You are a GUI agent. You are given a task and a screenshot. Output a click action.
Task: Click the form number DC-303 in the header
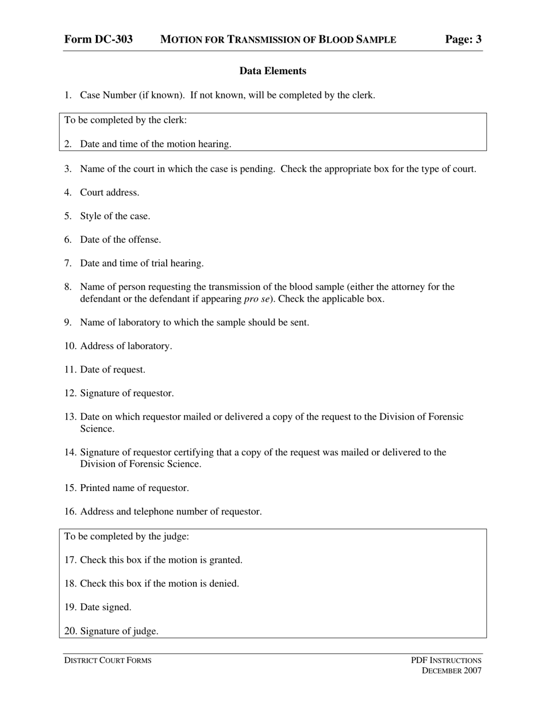[x=98, y=39]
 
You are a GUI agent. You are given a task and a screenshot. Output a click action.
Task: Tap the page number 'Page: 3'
[x=463, y=39]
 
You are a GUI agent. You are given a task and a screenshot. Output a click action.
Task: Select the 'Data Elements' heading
[x=272, y=71]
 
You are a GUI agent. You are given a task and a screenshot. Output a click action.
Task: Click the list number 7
[x=68, y=263]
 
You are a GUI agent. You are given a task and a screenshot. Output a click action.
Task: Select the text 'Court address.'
[x=109, y=192]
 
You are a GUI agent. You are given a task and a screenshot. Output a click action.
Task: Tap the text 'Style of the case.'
[x=115, y=216]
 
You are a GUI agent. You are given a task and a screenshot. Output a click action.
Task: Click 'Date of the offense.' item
[x=120, y=239]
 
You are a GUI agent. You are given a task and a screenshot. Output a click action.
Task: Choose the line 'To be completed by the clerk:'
[x=125, y=120]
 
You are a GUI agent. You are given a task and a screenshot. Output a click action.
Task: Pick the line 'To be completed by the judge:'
[x=126, y=536]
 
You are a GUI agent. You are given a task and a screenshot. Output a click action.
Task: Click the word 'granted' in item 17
[x=225, y=560]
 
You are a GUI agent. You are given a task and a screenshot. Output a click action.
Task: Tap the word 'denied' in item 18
[x=224, y=584]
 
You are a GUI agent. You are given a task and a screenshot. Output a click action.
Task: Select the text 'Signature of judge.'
[x=119, y=631]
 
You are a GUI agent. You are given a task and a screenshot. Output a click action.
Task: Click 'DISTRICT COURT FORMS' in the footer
[x=107, y=660]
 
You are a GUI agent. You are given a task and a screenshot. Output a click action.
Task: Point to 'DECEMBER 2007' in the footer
[x=452, y=671]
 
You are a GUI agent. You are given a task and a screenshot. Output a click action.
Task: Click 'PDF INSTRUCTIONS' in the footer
[x=446, y=660]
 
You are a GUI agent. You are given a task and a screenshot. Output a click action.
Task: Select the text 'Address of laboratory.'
[x=126, y=346]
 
